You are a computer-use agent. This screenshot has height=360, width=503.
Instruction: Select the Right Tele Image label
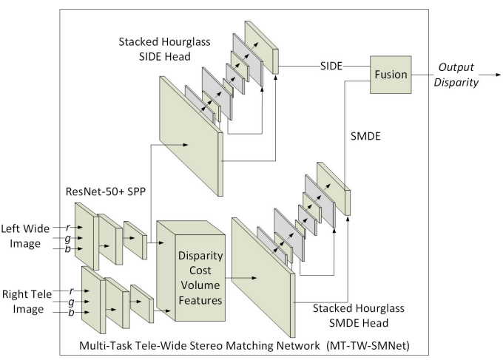[x=28, y=299]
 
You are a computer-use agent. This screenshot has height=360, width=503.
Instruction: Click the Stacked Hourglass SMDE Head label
[x=351, y=316]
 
